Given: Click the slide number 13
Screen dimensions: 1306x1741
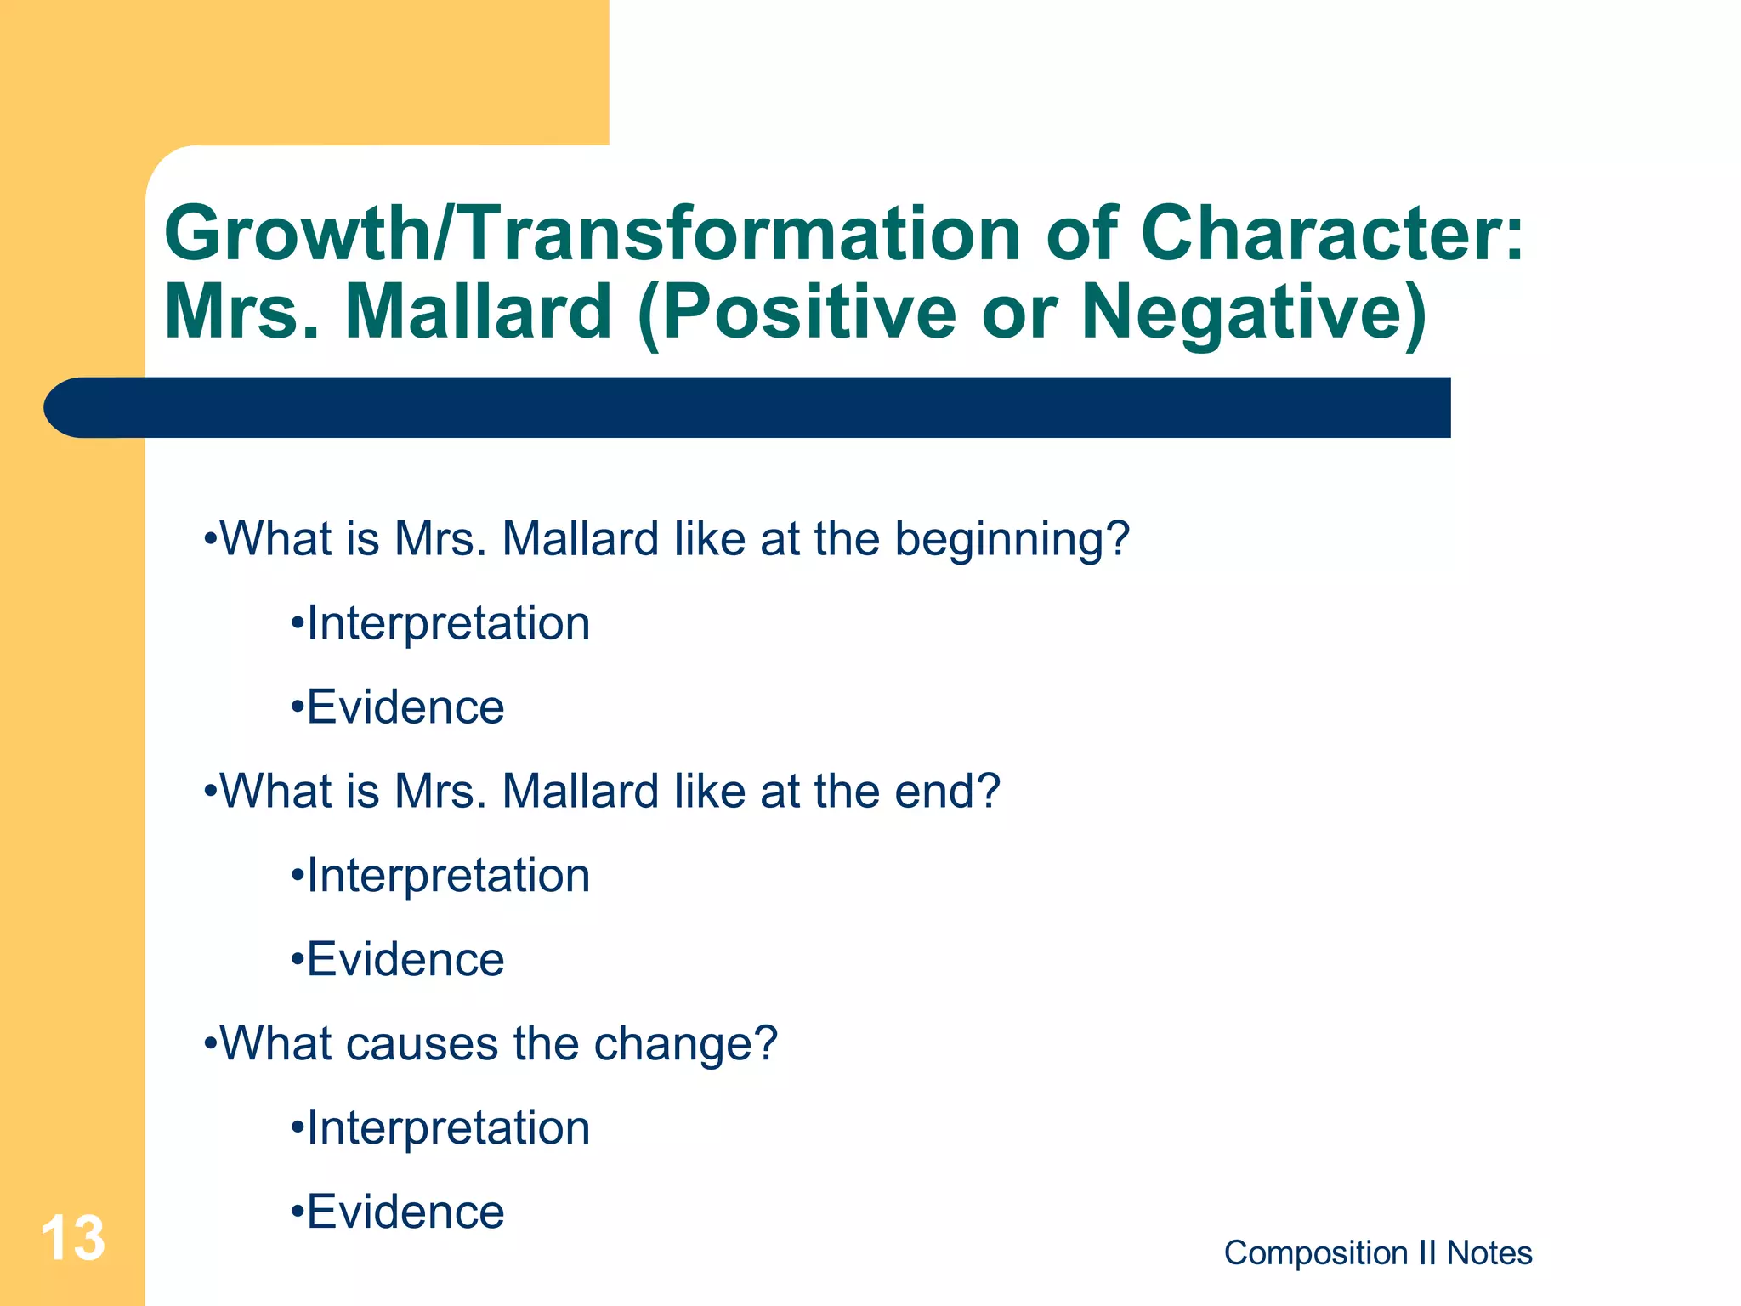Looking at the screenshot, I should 73,1238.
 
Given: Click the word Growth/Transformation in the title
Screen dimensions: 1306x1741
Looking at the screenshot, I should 591,234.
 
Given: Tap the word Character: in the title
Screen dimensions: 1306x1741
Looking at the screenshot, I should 1332,234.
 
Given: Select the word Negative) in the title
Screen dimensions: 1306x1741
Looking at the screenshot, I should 1254,313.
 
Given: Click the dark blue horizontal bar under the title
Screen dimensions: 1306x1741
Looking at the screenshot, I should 748,407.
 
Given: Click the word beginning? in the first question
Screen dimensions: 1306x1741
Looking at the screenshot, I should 1012,540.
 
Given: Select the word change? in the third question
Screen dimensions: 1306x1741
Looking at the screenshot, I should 685,1044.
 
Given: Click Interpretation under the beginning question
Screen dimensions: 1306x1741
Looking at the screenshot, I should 447,623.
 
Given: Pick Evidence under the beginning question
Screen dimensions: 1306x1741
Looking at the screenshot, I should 405,707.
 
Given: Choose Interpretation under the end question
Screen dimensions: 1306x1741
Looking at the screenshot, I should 447,876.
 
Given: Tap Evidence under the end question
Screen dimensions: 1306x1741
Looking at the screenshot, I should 405,960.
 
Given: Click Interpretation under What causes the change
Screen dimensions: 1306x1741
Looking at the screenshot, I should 447,1128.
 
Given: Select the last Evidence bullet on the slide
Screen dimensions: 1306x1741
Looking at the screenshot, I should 405,1212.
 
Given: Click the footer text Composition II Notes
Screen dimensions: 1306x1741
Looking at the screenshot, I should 1377,1253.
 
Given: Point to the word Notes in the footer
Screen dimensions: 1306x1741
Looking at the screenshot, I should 1489,1253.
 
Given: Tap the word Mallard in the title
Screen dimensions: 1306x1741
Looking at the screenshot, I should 478,313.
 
